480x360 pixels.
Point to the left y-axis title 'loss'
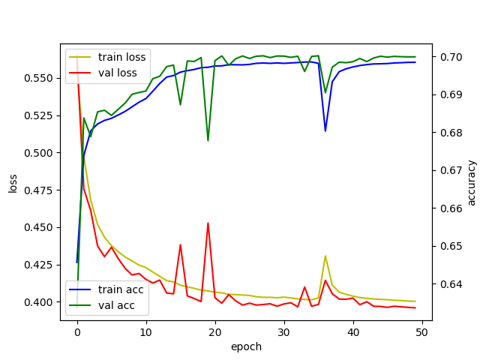pyautogui.click(x=13, y=182)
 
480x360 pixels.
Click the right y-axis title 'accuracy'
pyautogui.click(x=471, y=182)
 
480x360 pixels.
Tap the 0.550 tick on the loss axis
pyautogui.click(x=41, y=78)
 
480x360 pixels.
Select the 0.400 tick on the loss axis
pyautogui.click(x=41, y=302)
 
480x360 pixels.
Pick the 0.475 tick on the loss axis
pyautogui.click(x=41, y=190)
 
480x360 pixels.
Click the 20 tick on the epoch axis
pyautogui.click(x=215, y=331)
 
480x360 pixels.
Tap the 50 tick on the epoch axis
pyautogui.click(x=422, y=331)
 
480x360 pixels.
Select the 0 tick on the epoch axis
pyautogui.click(x=77, y=331)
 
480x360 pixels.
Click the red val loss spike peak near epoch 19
pyautogui.click(x=208, y=223)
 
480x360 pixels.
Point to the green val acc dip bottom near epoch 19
pyautogui.click(x=208, y=140)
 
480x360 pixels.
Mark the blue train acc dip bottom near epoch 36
pyautogui.click(x=325, y=131)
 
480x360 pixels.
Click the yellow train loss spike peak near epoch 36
pyautogui.click(x=325, y=256)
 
